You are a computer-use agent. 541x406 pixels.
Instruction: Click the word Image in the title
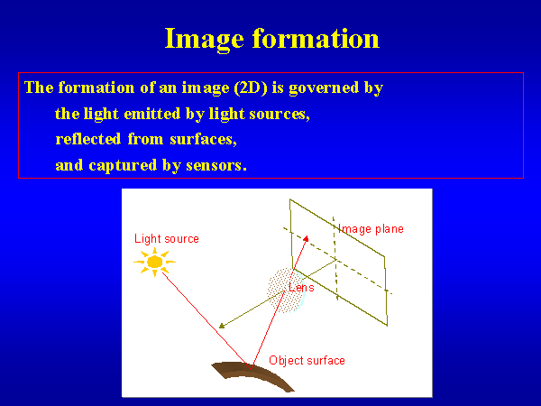point(205,40)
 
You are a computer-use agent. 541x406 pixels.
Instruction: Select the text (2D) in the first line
point(251,88)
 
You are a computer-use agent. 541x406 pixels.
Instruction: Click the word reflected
point(88,139)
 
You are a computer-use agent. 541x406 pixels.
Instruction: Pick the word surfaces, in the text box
point(203,140)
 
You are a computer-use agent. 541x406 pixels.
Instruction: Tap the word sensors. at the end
point(216,166)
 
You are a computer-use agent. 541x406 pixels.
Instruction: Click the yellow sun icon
point(154,262)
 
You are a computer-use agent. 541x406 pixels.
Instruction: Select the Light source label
point(167,238)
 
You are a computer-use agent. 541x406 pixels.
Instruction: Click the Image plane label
point(371,229)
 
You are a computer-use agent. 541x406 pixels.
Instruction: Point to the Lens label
point(301,287)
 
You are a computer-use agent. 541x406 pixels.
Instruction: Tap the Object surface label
point(307,360)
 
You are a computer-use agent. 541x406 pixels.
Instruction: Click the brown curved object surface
point(253,374)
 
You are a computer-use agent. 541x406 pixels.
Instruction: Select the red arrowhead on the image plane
point(306,238)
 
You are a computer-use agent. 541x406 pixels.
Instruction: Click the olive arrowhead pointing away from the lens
point(222,326)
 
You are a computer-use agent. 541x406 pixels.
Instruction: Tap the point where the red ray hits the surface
point(251,368)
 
